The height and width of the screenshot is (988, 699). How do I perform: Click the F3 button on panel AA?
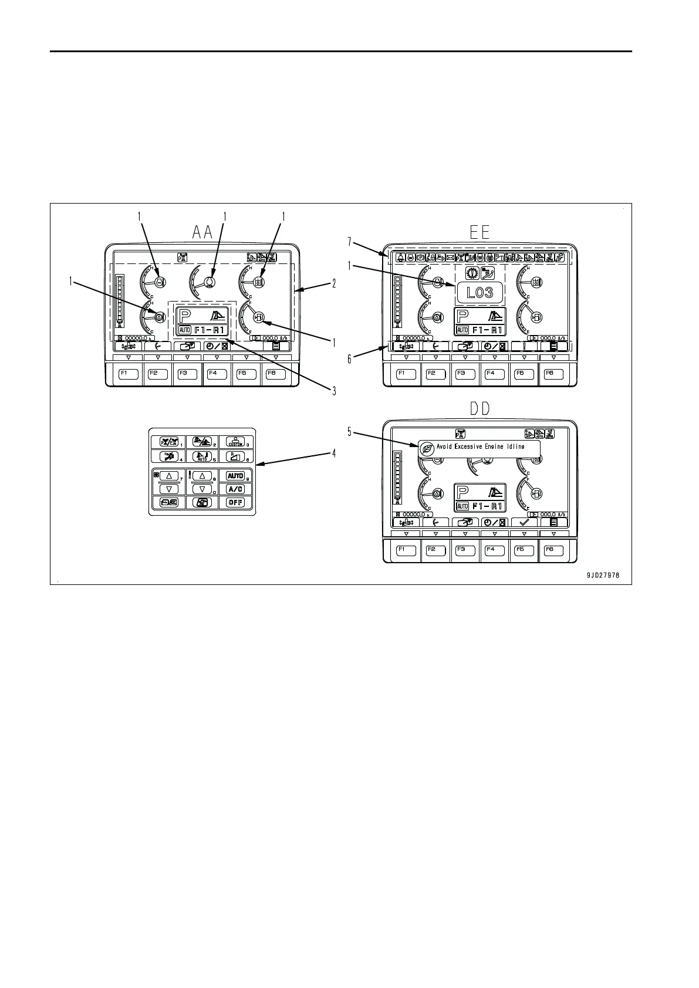coord(187,373)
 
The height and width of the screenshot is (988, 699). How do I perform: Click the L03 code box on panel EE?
coord(479,292)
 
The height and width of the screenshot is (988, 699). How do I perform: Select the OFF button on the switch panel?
coord(235,503)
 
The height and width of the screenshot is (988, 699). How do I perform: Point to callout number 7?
coord(350,241)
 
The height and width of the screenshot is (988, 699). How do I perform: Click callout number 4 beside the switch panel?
coord(334,453)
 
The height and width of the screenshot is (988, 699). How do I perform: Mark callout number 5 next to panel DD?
coord(350,432)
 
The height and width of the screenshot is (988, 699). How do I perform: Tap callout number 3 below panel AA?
coord(334,391)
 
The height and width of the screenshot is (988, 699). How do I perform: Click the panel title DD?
coord(480,409)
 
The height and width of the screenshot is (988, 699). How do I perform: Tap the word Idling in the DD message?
coord(515,447)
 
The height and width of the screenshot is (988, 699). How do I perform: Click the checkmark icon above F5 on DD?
coord(524,522)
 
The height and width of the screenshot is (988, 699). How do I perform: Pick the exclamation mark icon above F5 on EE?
coord(524,346)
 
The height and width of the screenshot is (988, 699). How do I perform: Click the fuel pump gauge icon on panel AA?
coord(259,317)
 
